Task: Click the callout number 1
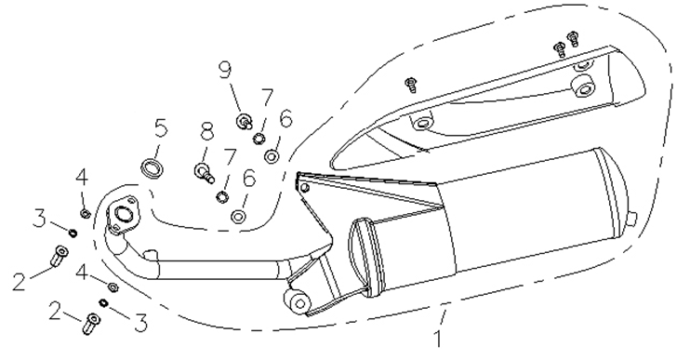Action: (x=438, y=339)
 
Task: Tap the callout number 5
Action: (x=161, y=127)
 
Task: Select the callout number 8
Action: (x=206, y=131)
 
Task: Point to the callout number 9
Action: (x=225, y=72)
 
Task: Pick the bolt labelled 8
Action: (x=205, y=172)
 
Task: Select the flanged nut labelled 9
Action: (x=245, y=120)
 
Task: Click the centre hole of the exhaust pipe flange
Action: (x=124, y=214)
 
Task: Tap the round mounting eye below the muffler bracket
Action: (x=299, y=302)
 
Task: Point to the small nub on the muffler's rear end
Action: (x=633, y=218)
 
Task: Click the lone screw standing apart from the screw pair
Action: (x=412, y=84)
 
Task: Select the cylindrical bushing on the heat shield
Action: (x=583, y=87)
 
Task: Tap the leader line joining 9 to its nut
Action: (x=235, y=98)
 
